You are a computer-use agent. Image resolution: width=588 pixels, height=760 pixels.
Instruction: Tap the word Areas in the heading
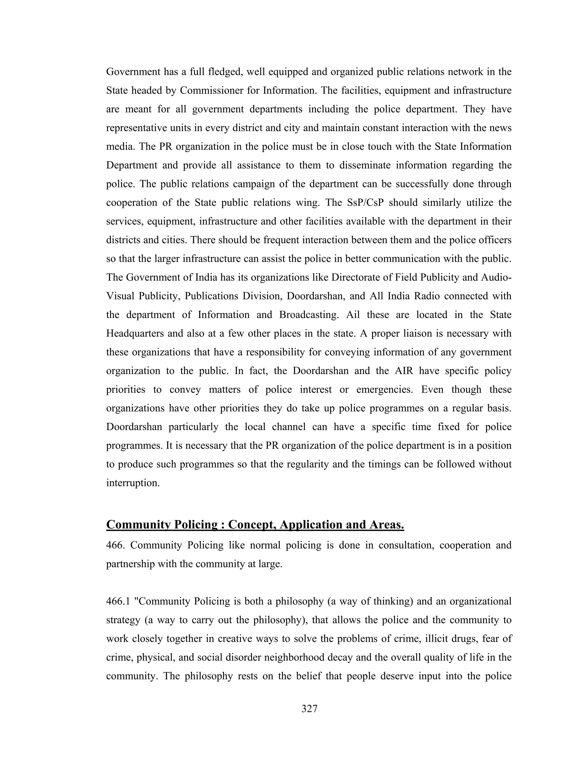tap(385, 525)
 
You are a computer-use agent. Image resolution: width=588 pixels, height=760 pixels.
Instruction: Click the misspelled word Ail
tap(353, 315)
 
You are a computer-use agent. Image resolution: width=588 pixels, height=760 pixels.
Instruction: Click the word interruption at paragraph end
tap(133, 483)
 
